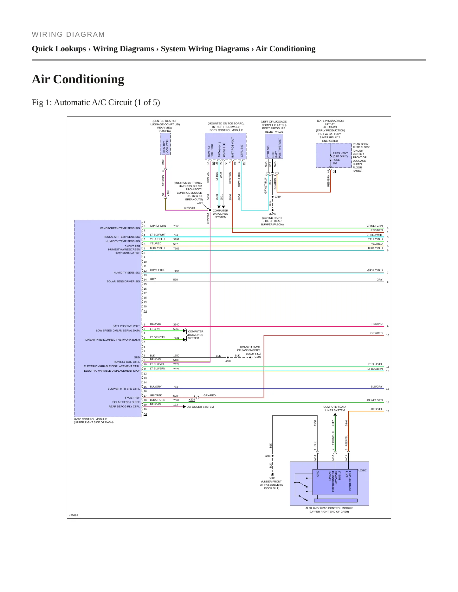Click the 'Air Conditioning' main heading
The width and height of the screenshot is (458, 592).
click(x=78, y=79)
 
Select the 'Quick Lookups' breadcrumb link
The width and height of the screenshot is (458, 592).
click(x=59, y=49)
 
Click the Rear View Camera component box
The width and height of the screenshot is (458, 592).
click(x=165, y=144)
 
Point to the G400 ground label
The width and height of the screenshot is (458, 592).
click(x=272, y=214)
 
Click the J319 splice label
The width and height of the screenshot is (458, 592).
click(x=278, y=197)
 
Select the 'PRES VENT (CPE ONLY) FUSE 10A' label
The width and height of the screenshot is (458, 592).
click(x=340, y=158)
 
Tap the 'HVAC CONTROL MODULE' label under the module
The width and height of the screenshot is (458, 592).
click(x=90, y=419)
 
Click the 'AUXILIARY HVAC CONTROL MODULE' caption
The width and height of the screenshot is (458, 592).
click(x=329, y=508)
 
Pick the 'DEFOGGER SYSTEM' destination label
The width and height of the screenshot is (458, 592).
click(x=200, y=407)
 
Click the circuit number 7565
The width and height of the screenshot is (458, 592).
click(x=176, y=226)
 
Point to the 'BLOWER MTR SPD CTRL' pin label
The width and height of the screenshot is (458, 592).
click(x=124, y=389)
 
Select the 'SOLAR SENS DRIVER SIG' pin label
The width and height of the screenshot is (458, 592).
click(x=123, y=281)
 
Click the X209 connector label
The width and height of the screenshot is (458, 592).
click(x=192, y=400)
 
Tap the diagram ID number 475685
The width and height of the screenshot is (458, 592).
click(x=74, y=515)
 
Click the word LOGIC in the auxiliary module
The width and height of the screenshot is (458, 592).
click(x=363, y=470)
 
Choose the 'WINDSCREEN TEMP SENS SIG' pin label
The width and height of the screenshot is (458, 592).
click(x=120, y=228)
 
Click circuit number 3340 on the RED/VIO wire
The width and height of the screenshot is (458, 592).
click(x=176, y=324)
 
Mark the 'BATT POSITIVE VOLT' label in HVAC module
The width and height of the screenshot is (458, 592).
click(x=126, y=326)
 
